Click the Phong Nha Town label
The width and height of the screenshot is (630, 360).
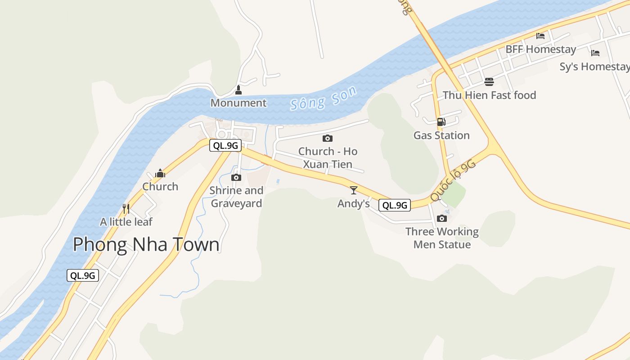[x=146, y=244]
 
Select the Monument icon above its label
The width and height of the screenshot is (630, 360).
[x=238, y=90]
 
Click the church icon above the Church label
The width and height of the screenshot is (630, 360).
[x=160, y=173]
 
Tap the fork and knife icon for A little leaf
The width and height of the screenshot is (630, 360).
[x=126, y=208]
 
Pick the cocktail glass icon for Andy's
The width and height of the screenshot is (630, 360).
[x=354, y=190]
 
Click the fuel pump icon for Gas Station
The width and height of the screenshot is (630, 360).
[x=441, y=121]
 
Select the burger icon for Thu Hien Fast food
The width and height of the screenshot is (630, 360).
[x=489, y=81]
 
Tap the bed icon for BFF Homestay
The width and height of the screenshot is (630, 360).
[x=540, y=36]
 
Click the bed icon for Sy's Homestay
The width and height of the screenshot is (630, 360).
[x=595, y=53]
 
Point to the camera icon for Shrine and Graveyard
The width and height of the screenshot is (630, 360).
[x=236, y=177]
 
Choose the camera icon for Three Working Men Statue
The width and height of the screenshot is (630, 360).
[x=442, y=218]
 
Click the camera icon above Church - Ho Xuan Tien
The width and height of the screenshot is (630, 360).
[x=328, y=138]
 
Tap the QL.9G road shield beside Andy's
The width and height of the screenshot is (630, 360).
[x=395, y=205]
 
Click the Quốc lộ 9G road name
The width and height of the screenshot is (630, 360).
[x=453, y=180]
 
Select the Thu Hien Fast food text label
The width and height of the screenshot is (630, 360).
[x=489, y=95]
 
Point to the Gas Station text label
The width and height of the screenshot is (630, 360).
[x=441, y=135]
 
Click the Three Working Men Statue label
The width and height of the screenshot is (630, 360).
[x=442, y=238]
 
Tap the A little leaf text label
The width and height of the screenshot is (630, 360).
[x=126, y=222]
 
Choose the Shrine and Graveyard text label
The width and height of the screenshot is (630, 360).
[x=236, y=197]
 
